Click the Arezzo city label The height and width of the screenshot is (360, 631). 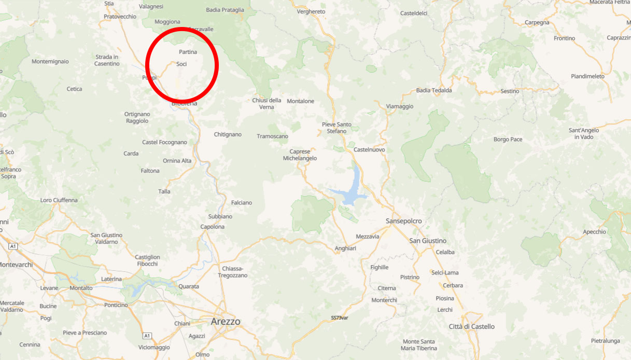(226, 322)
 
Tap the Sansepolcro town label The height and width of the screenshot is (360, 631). (403, 221)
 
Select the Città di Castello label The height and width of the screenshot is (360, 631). (471, 326)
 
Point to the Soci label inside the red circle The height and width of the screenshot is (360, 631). (181, 64)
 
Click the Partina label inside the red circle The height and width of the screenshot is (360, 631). (188, 52)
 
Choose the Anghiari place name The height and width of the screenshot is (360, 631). (345, 248)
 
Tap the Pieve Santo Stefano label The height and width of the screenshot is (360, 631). (336, 128)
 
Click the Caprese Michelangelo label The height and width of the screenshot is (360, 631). (300, 155)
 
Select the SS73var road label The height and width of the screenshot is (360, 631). (340, 317)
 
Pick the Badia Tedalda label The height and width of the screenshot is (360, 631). (434, 90)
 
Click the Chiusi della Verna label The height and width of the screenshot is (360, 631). (267, 103)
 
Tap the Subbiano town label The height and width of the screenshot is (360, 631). (220, 216)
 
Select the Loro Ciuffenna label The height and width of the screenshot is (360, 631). (59, 200)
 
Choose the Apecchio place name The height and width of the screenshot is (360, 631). (594, 232)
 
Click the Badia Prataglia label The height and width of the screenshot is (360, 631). (225, 10)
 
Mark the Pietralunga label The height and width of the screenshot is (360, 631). (605, 341)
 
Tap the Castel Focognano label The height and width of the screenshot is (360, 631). (164, 142)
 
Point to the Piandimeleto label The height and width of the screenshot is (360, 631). (587, 76)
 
